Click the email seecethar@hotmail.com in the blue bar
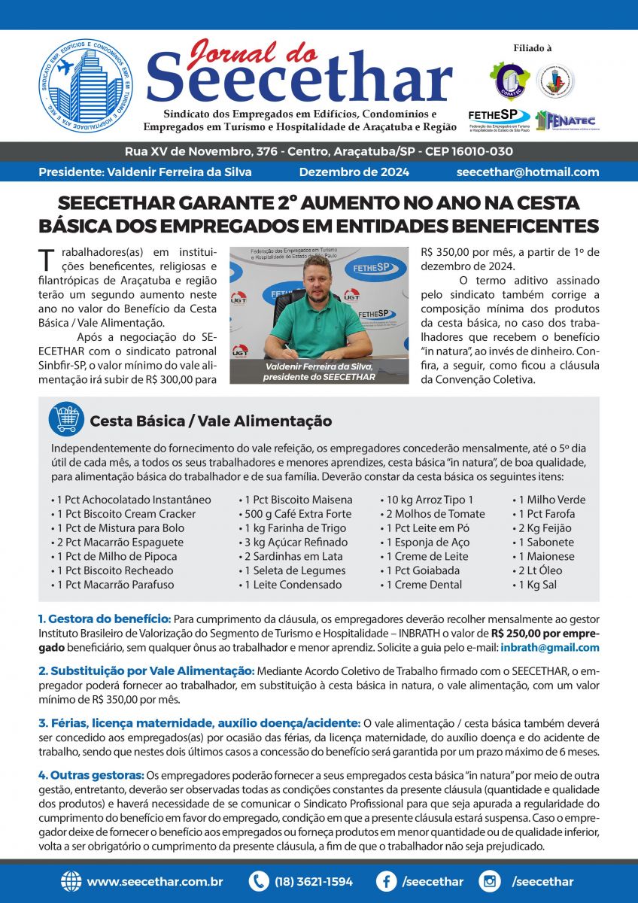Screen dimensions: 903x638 [x=527, y=172]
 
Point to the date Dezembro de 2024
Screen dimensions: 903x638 [x=354, y=172]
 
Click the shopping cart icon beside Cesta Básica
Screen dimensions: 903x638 [x=65, y=419]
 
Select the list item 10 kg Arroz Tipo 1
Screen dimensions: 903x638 [x=430, y=500]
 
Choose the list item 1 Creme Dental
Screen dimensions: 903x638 [x=426, y=585]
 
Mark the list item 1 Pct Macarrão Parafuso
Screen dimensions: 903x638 [x=113, y=585]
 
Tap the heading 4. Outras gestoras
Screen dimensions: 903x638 [x=91, y=775]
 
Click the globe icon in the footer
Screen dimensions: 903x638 [x=71, y=881]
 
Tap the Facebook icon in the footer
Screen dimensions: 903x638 [x=387, y=881]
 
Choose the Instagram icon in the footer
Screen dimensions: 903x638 [x=490, y=881]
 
